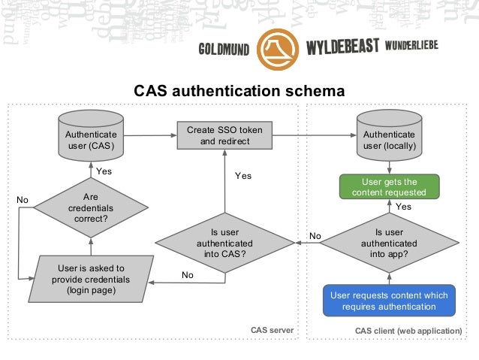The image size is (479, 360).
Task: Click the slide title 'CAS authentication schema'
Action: coord(239,91)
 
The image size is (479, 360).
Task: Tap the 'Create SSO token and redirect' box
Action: coord(224,135)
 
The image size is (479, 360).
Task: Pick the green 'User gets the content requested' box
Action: coord(389,187)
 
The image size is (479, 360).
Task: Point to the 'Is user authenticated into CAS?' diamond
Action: coord(224,244)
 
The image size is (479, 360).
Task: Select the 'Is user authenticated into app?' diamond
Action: coord(389,244)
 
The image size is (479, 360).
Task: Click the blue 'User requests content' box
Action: coord(389,301)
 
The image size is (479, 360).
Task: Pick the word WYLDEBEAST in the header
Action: coord(342,48)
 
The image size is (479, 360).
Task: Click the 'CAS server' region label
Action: coord(272,331)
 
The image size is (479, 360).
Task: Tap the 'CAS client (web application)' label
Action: coord(408,331)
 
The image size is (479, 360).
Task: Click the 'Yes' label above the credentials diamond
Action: coord(104,171)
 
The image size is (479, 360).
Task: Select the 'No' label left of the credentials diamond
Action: coord(23,200)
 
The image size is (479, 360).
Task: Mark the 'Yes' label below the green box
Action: coord(403,206)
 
